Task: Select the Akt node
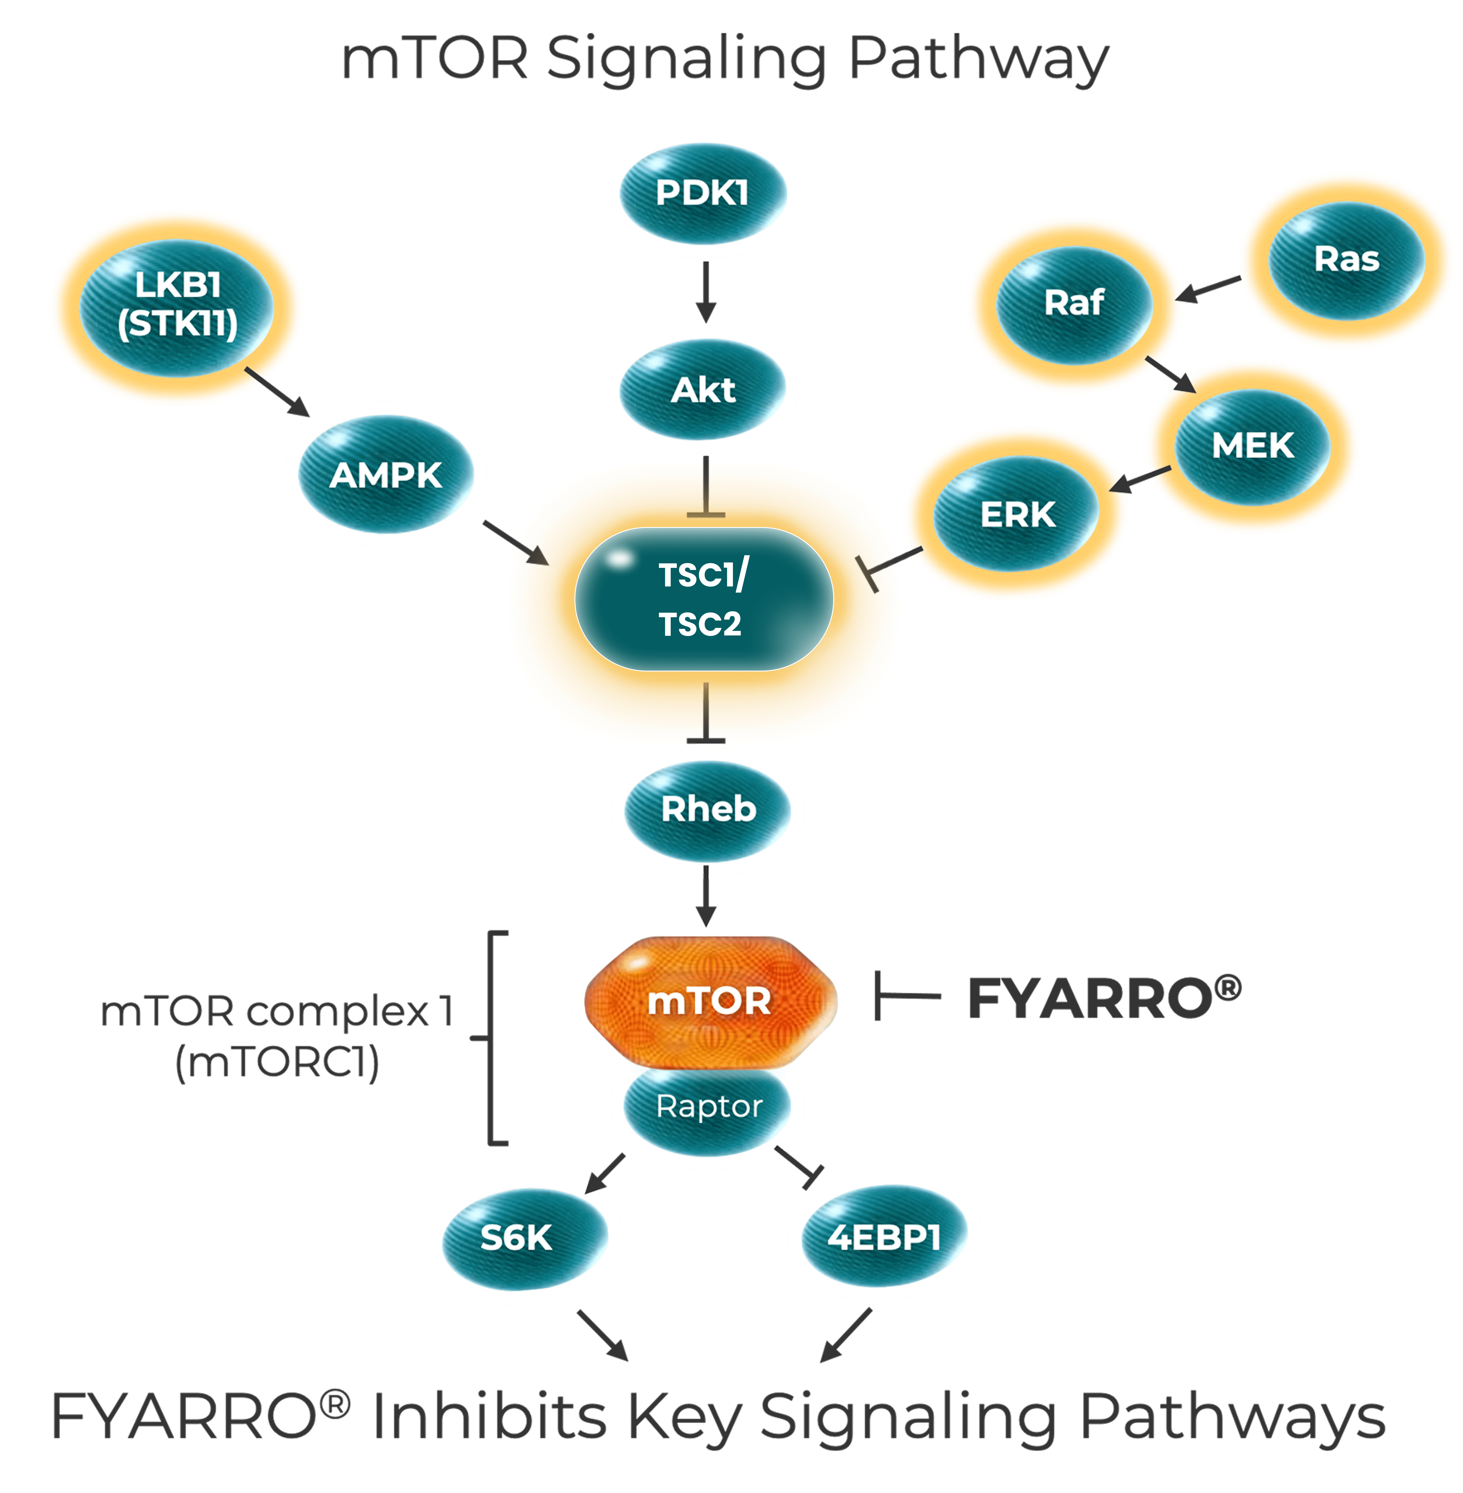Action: [702, 389]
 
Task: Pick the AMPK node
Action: [386, 475]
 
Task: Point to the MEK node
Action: [1252, 445]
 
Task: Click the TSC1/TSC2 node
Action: [702, 599]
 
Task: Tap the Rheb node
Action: [708, 809]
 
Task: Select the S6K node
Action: [516, 1237]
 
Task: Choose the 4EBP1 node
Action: [884, 1237]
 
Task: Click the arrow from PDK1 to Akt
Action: [705, 292]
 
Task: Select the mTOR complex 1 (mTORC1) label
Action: [277, 1037]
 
